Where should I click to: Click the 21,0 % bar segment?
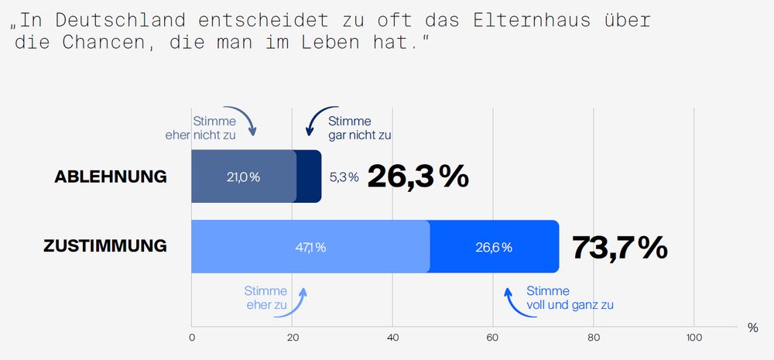click(243, 177)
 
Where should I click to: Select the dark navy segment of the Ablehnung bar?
click(309, 177)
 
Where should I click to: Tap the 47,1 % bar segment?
click(310, 247)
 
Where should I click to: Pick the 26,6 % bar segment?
click(494, 247)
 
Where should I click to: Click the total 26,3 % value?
click(418, 177)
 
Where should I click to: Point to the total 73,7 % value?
click(619, 247)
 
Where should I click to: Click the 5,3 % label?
click(344, 177)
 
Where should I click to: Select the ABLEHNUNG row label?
click(111, 177)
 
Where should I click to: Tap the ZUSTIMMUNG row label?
click(105, 247)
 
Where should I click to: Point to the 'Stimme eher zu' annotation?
click(265, 298)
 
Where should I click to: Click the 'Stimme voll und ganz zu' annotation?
click(570, 298)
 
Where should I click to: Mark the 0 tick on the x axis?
click(192, 338)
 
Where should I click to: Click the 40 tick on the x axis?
click(392, 338)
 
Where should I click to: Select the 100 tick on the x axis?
click(694, 338)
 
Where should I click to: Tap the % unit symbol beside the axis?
click(753, 327)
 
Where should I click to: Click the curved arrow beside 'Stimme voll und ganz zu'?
click(510, 301)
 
